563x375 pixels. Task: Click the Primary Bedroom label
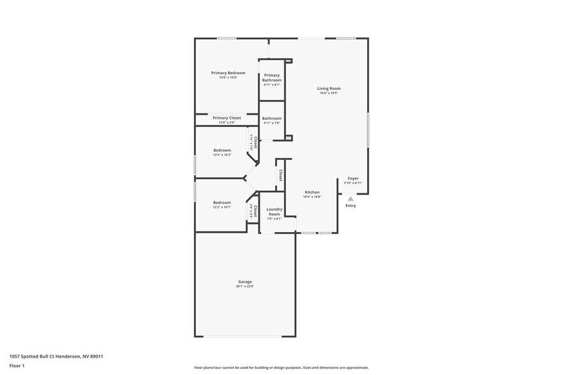tap(228, 73)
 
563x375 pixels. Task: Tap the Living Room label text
tap(329, 88)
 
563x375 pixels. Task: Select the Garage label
tap(245, 281)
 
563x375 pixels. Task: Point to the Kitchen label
tap(312, 192)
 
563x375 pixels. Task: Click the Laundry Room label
tap(274, 211)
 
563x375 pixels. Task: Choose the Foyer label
tap(353, 179)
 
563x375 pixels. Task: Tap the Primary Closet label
tap(227, 117)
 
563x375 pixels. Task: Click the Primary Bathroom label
tap(272, 77)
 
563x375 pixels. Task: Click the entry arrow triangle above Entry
tap(350, 199)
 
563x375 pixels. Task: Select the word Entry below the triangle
tap(350, 205)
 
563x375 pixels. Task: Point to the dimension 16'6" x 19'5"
tap(329, 93)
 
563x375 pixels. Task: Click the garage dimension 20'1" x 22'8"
tap(245, 286)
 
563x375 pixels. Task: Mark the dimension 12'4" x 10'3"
tap(222, 155)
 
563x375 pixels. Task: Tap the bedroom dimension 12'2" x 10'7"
tap(222, 207)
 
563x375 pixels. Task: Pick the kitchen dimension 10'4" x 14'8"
tap(312, 197)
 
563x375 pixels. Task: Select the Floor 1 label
tap(17, 365)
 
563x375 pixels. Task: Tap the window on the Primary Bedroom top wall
tap(227, 38)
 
